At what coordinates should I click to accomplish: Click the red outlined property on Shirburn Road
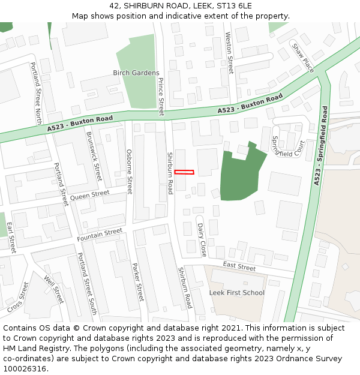[x=184, y=172]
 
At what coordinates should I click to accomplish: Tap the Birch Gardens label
[x=136, y=73]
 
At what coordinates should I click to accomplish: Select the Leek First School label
[x=236, y=293]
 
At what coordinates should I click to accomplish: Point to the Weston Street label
[x=229, y=53]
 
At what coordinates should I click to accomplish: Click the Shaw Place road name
[x=302, y=57]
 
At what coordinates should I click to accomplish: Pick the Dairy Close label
[x=202, y=239]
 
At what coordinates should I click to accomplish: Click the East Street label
[x=239, y=265]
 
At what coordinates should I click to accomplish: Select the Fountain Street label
[x=100, y=235]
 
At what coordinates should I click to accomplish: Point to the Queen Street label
[x=90, y=195]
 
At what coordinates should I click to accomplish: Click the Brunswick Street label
[x=94, y=156]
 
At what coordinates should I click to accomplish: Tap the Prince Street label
[x=160, y=97]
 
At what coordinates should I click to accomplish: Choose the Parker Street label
[x=138, y=282]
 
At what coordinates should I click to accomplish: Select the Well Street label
[x=54, y=289]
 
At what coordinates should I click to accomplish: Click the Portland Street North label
[x=36, y=91]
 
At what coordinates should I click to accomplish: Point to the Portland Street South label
[x=87, y=284]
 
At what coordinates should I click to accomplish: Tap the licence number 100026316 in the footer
[x=25, y=369]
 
